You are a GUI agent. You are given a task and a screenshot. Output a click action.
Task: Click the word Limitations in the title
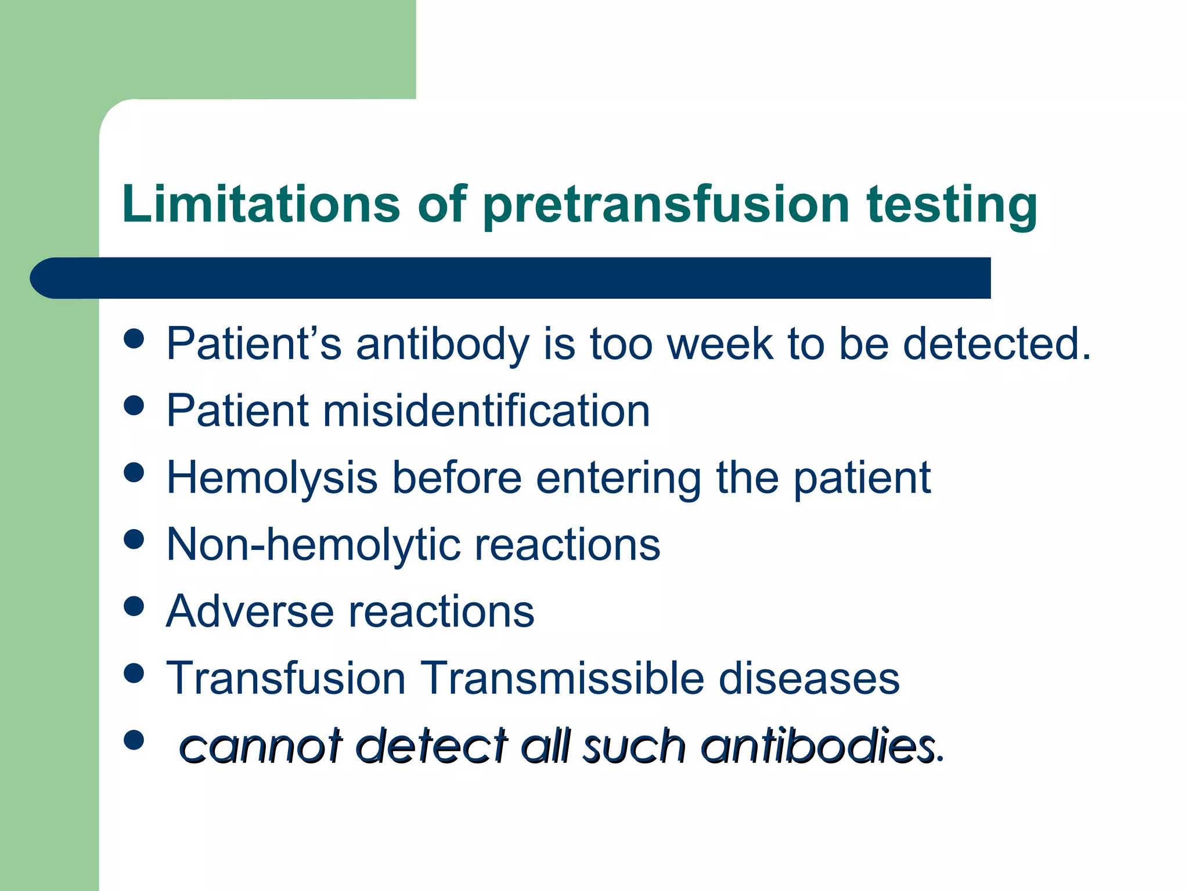click(261, 204)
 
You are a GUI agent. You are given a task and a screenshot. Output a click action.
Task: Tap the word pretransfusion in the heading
click(666, 205)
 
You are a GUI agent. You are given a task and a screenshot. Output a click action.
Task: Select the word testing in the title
click(952, 205)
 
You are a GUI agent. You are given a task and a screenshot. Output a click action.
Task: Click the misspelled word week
click(720, 343)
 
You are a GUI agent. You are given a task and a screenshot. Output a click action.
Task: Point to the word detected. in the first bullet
click(997, 343)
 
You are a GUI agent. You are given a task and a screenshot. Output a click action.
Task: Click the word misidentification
click(486, 411)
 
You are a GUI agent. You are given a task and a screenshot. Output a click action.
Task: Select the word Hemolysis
click(272, 478)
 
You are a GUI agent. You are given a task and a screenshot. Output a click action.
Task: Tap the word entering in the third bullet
click(618, 478)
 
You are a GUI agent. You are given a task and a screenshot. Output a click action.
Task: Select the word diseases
click(809, 678)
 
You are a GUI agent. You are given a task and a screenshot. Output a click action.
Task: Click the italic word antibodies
click(819, 745)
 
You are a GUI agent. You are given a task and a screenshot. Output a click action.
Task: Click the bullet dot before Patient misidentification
click(134, 405)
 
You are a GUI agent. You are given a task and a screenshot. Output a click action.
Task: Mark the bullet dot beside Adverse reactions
click(134, 606)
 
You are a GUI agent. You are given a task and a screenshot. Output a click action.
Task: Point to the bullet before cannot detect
click(134, 740)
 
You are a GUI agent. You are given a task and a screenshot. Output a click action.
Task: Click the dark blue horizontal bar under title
click(511, 278)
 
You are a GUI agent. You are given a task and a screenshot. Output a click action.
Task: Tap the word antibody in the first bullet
click(442, 343)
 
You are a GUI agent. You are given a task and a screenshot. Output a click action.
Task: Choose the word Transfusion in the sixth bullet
click(286, 678)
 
